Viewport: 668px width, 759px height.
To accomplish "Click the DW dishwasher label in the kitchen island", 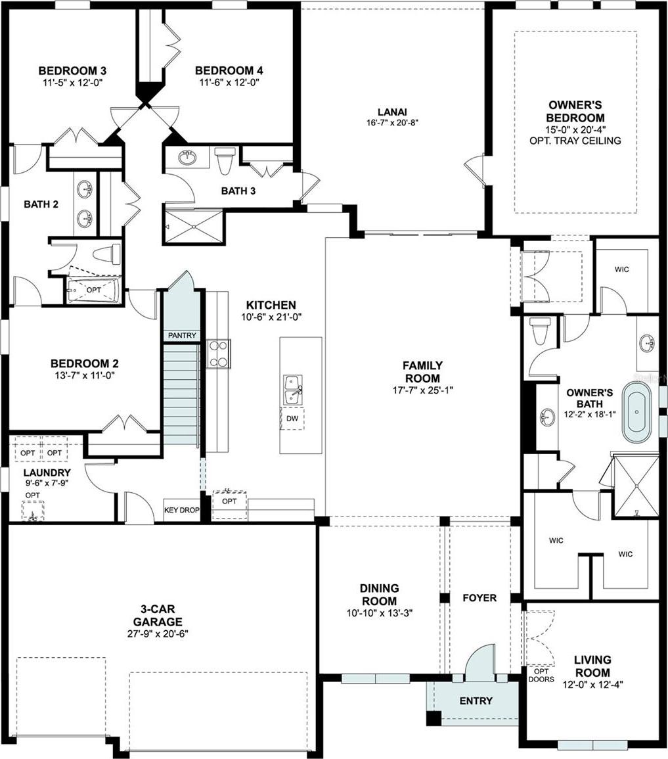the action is coord(293,418).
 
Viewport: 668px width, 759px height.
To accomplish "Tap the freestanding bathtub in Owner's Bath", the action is coord(636,413).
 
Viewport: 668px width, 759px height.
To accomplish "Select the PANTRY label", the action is coord(182,335).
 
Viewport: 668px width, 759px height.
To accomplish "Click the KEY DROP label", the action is coord(182,510).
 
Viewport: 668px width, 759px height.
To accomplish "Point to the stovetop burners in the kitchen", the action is coord(219,354).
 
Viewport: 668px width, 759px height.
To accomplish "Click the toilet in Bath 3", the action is coord(225,161).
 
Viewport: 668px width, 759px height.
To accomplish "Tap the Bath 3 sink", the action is coord(187,157).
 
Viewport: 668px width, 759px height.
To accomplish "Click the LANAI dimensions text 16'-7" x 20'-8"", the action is coord(392,123).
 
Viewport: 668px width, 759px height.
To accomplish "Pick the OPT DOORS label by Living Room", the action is coord(541,676).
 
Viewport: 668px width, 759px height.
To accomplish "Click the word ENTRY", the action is coord(476,701).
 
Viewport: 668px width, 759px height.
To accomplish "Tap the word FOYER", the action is coord(479,598).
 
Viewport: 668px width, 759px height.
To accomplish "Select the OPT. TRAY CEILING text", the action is coord(575,141).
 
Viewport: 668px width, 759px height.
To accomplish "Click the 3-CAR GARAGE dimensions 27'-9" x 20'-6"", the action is coord(158,634).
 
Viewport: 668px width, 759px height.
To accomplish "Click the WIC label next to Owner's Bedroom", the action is coord(622,269).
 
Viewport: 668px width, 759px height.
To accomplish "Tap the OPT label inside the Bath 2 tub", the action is coord(94,289).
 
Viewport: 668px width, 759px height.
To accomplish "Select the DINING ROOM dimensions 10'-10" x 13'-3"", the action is coord(380,613).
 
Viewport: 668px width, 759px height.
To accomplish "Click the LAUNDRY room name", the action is coord(47,472).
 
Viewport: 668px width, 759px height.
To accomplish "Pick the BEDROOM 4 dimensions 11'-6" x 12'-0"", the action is coord(229,82).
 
